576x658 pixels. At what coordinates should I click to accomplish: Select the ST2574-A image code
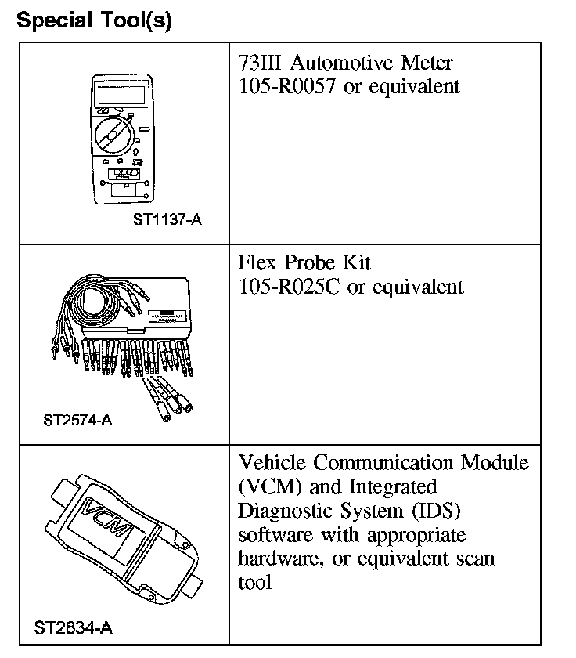[78, 420]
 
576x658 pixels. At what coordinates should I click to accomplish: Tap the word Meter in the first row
[427, 62]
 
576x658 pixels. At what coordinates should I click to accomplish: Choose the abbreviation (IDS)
[433, 511]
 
